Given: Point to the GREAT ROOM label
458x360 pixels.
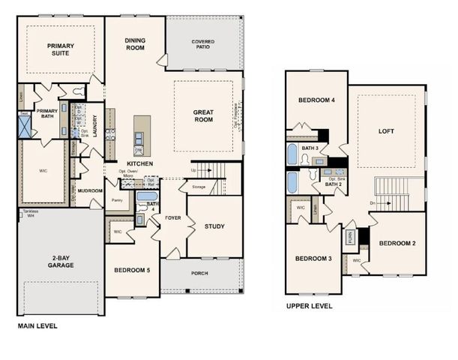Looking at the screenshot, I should [203, 115].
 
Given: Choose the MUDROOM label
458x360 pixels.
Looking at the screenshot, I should [90, 190].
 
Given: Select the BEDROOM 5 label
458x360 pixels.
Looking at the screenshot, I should [132, 270].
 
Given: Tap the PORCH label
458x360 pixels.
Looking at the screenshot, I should [199, 273].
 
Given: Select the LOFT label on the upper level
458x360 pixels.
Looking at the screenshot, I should [386, 130].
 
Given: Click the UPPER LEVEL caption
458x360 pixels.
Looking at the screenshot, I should [309, 306].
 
